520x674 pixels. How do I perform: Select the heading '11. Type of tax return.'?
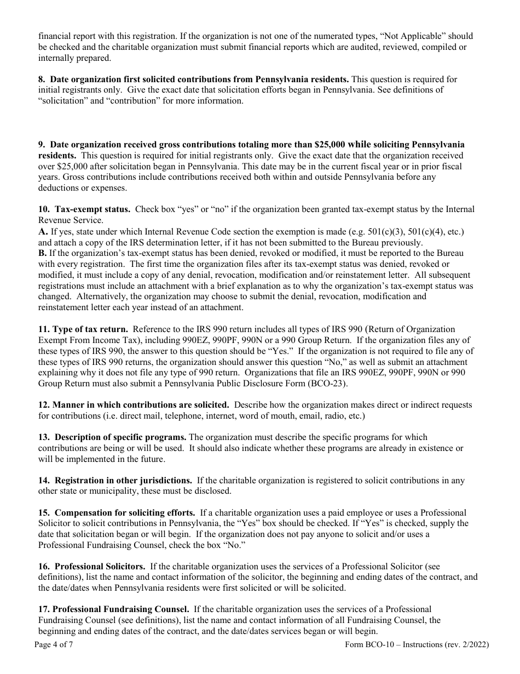click(x=83, y=329)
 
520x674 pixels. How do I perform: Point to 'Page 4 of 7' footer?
click(x=54, y=645)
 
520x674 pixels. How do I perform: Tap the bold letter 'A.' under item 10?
click(x=43, y=232)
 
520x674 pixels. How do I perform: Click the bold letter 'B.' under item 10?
click(x=43, y=253)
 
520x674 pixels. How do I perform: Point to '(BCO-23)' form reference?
click(x=328, y=383)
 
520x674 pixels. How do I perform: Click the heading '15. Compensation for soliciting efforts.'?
click(x=117, y=513)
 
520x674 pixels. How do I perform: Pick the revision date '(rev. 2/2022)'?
click(x=465, y=645)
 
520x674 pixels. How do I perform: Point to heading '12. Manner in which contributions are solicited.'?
click(x=134, y=405)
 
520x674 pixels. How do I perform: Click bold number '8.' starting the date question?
click(x=42, y=80)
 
